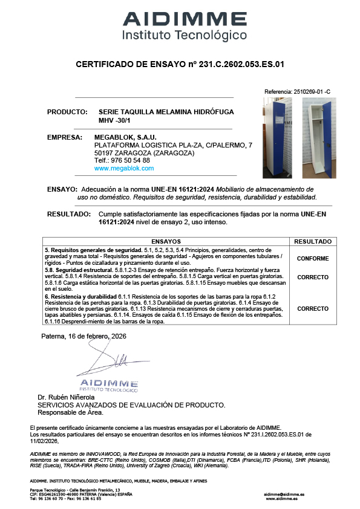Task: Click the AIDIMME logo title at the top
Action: [x=185, y=18]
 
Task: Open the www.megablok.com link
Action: [x=125, y=169]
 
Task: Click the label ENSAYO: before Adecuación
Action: [x=62, y=189]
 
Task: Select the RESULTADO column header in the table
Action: [x=313, y=241]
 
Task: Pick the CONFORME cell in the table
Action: [x=313, y=259]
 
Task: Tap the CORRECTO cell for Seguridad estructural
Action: [x=313, y=277]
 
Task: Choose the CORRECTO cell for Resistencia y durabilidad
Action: [x=313, y=308]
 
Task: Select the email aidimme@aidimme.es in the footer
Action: [x=284, y=494]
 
